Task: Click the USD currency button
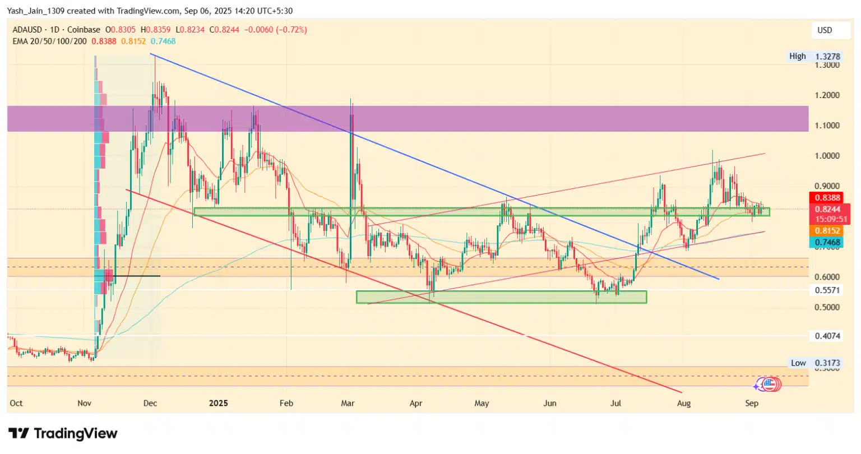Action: click(825, 30)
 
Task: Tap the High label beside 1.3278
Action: click(797, 56)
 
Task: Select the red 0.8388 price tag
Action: click(826, 198)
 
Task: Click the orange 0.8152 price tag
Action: click(826, 231)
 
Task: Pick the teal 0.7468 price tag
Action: click(826, 242)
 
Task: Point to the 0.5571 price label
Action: click(826, 290)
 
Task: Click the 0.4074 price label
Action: click(826, 336)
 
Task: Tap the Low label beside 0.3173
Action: click(798, 363)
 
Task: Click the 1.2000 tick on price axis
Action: click(827, 95)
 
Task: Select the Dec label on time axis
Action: click(150, 403)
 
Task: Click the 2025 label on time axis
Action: click(218, 403)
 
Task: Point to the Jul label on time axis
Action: click(617, 403)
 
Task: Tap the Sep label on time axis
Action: click(752, 403)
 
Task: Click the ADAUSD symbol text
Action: click(28, 30)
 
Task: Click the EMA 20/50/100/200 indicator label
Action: click(49, 41)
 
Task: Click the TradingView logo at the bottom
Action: click(63, 433)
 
